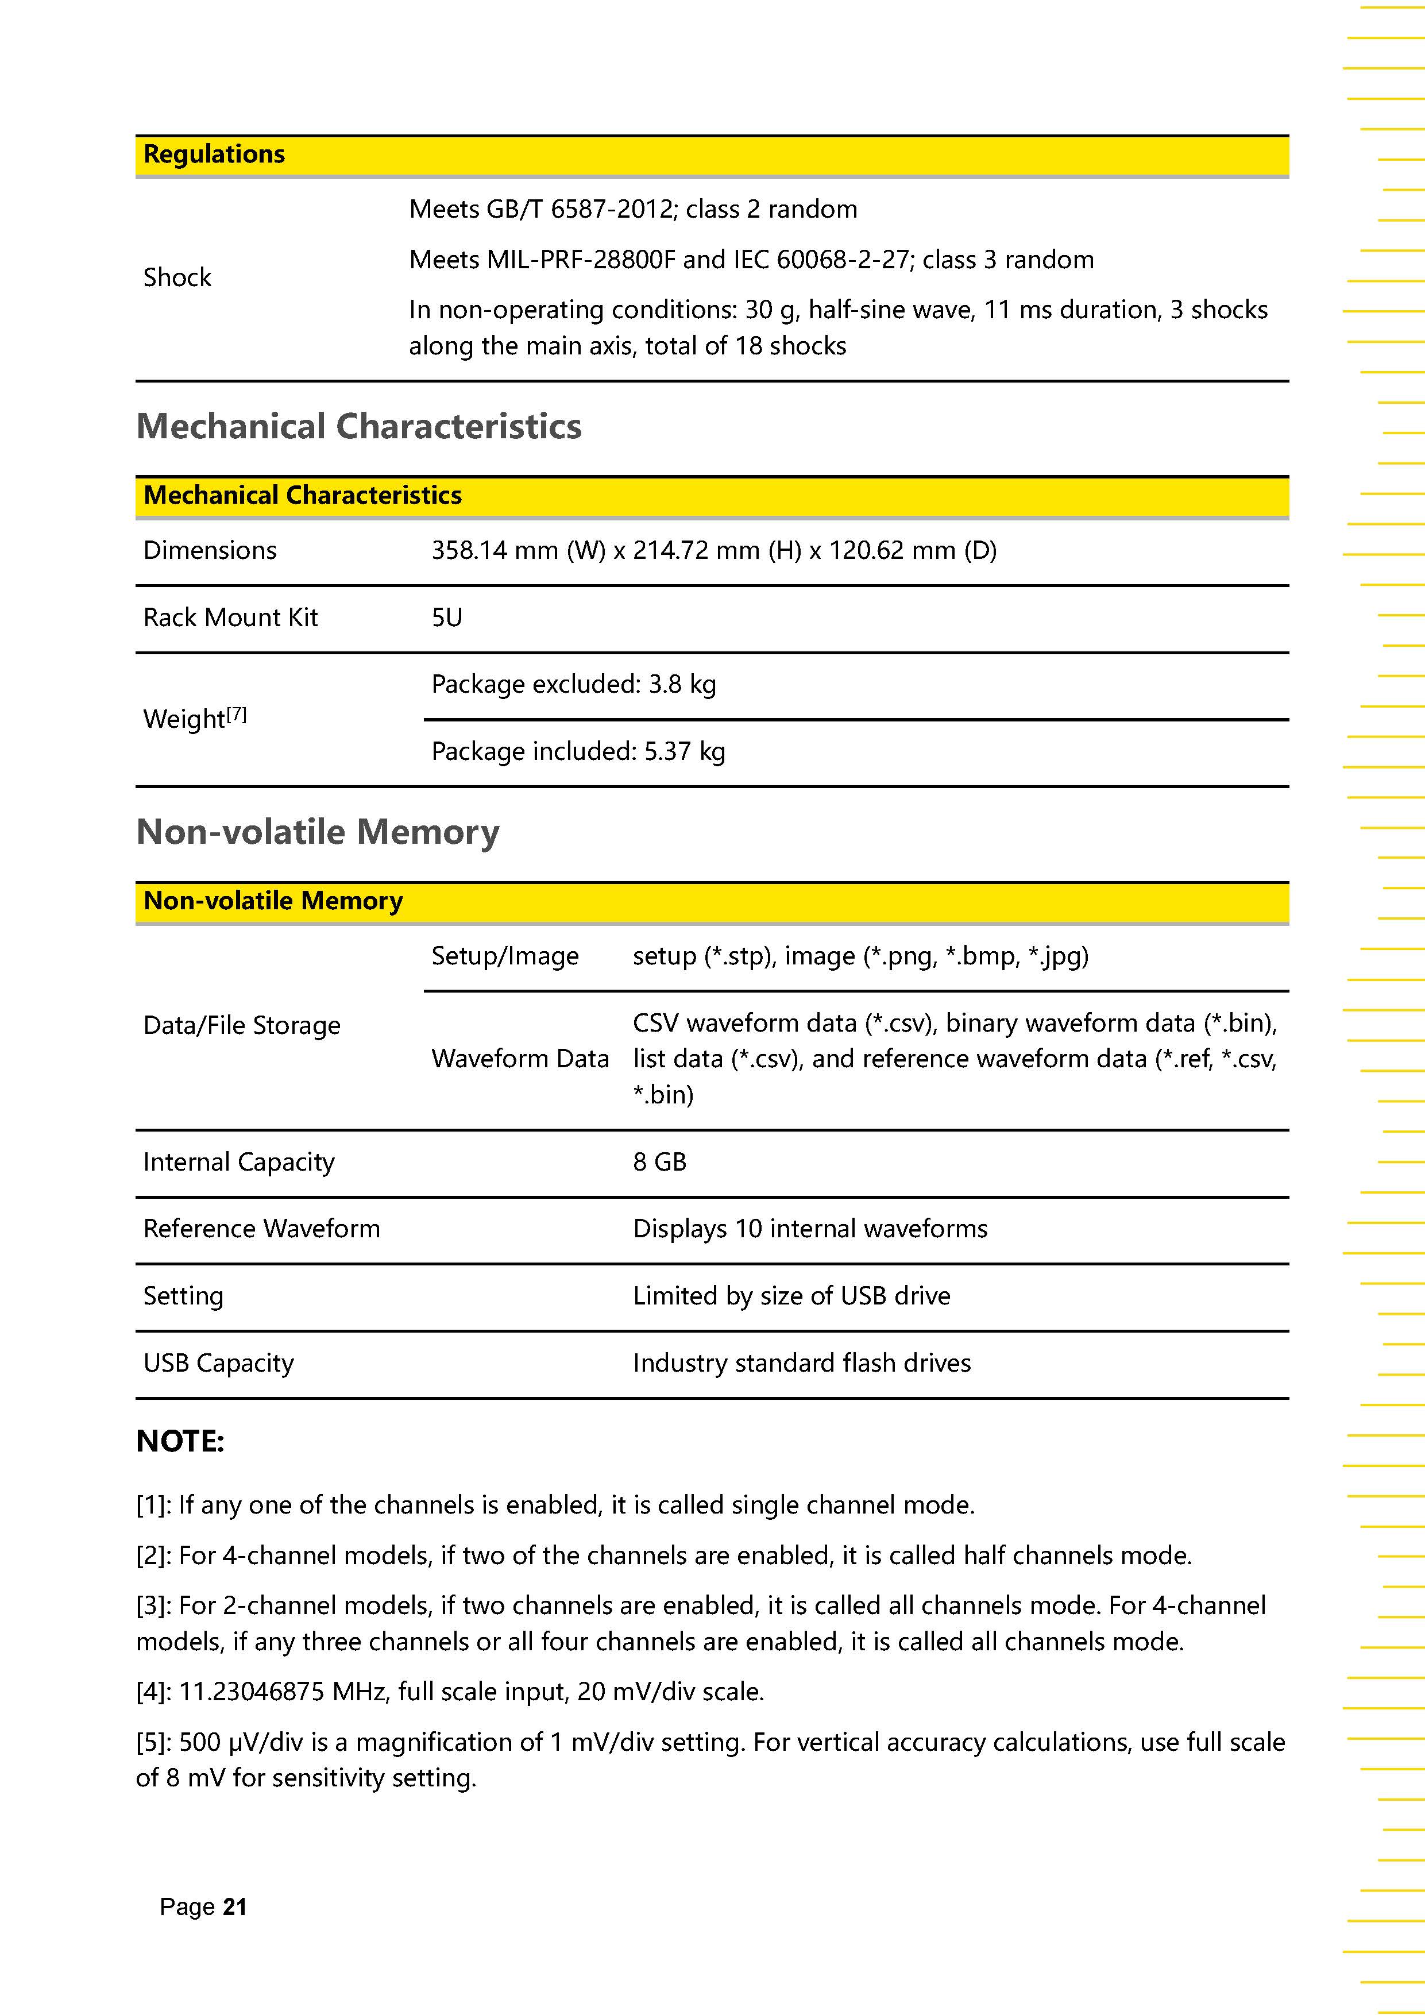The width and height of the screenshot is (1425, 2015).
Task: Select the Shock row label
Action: tap(177, 277)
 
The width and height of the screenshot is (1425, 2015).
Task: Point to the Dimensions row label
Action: tap(210, 550)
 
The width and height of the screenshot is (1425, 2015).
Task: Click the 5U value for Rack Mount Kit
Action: tap(447, 618)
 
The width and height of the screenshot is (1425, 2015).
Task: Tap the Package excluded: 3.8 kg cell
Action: tap(573, 685)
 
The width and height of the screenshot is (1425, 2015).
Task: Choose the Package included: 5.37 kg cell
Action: tap(577, 751)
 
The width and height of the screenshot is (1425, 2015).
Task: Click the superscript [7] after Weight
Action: tap(237, 715)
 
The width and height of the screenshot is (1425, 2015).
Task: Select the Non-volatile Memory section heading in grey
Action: tap(318, 831)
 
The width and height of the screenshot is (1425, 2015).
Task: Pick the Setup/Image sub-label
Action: tap(504, 956)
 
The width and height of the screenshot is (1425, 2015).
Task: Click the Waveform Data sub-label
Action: tap(519, 1059)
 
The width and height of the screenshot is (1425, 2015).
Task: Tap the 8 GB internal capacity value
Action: tap(659, 1162)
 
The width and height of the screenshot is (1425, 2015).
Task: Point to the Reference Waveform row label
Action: tap(261, 1229)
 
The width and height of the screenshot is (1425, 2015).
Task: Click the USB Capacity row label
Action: tap(218, 1363)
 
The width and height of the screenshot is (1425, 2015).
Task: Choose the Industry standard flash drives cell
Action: tap(801, 1363)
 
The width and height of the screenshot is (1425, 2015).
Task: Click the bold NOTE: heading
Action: tap(180, 1442)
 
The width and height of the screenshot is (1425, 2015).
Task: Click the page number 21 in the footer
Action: tap(234, 1907)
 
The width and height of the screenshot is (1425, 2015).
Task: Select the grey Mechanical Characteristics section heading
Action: tap(359, 427)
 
